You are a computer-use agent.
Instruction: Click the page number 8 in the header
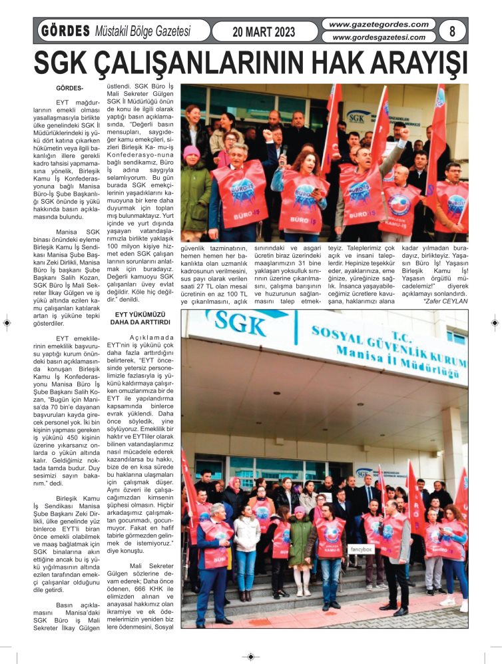[x=453, y=31]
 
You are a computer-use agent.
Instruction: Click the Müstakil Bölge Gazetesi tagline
[x=142, y=31]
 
